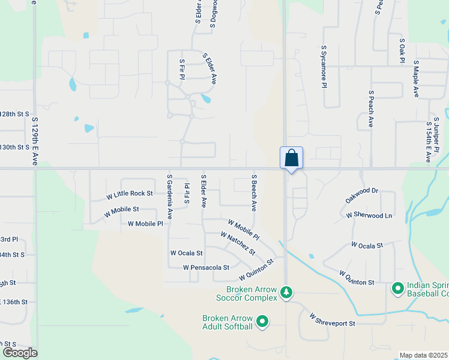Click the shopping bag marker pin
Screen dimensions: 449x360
(x=291, y=158)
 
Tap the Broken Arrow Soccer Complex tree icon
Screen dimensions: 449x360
(x=287, y=292)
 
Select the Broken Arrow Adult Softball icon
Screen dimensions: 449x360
(x=262, y=322)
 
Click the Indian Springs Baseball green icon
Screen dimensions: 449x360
(x=397, y=289)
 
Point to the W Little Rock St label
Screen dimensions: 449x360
(x=130, y=194)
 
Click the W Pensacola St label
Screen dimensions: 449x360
(x=206, y=267)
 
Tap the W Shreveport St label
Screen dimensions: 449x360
(x=333, y=319)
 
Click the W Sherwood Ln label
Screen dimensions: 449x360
(x=369, y=215)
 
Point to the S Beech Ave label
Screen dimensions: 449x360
(x=254, y=192)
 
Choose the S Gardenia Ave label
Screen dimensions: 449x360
(x=170, y=196)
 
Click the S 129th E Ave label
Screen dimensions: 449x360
(x=35, y=141)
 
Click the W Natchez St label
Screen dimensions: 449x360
(x=238, y=243)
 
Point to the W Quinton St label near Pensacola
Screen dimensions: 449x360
(x=256, y=269)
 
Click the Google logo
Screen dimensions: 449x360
(x=19, y=353)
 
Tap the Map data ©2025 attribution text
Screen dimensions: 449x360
(x=424, y=355)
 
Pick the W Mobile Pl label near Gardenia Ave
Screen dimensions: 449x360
(x=145, y=224)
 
